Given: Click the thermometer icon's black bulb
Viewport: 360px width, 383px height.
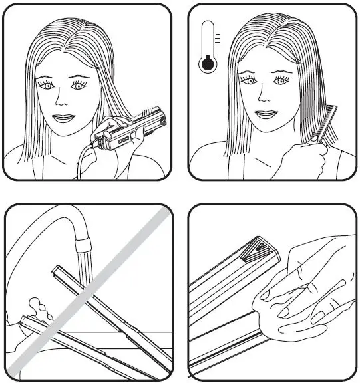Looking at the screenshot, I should pyautogui.click(x=208, y=64).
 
